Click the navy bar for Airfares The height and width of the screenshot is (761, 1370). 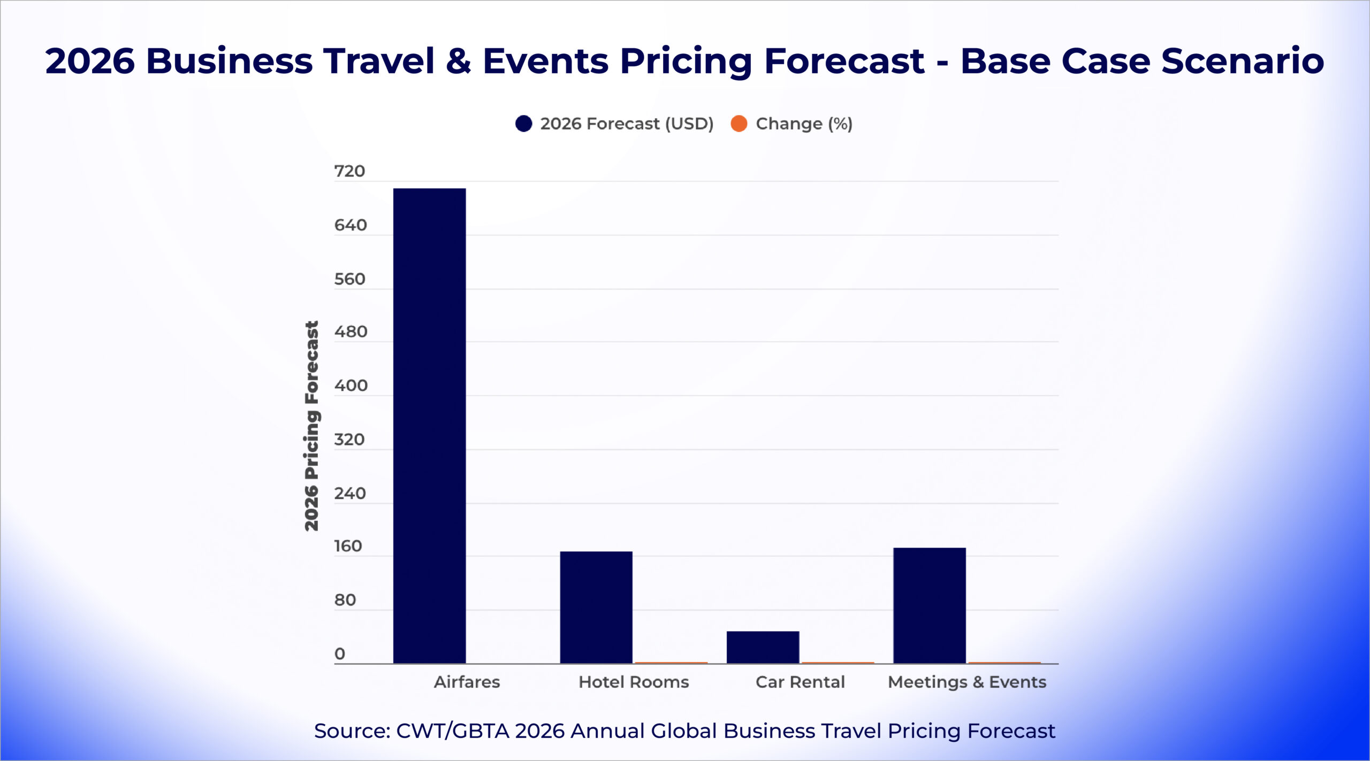click(x=429, y=425)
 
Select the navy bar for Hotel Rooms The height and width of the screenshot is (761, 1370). click(x=596, y=607)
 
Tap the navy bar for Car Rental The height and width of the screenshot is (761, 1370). click(x=763, y=647)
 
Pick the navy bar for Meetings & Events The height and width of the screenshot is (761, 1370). click(x=930, y=605)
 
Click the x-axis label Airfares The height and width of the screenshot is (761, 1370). click(x=467, y=682)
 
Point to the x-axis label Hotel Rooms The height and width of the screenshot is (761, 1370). click(x=634, y=682)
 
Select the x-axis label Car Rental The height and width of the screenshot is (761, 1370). click(x=800, y=682)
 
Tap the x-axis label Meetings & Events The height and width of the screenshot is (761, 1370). click(x=967, y=682)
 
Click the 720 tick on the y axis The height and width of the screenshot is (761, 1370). click(x=349, y=171)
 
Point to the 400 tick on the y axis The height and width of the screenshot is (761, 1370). click(x=351, y=386)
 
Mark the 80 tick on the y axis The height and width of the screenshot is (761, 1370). click(x=345, y=600)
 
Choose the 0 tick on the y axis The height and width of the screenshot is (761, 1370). click(x=340, y=654)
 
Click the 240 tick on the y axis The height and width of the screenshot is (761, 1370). click(x=350, y=493)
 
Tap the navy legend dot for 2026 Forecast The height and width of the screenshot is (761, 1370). click(x=523, y=124)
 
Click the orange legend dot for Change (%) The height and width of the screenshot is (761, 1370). click(x=739, y=124)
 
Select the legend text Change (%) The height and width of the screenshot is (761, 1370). click(x=804, y=124)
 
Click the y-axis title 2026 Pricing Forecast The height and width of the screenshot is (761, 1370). click(x=311, y=426)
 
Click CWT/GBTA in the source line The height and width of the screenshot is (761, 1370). click(x=452, y=731)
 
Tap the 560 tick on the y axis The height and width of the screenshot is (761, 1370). click(x=349, y=279)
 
